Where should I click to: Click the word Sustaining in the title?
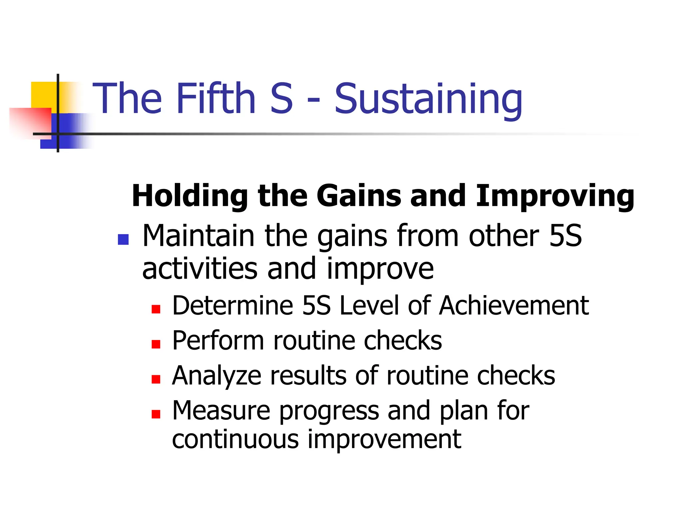tap(428, 99)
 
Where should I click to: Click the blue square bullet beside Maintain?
tap(123, 240)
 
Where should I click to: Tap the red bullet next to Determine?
tap(156, 309)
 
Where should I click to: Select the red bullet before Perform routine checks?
tap(156, 344)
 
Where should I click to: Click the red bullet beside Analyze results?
tap(156, 379)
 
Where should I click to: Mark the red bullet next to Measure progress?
tap(156, 414)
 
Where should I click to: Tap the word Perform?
tap(218, 341)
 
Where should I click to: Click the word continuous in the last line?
tap(235, 439)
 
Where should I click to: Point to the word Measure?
tap(221, 411)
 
